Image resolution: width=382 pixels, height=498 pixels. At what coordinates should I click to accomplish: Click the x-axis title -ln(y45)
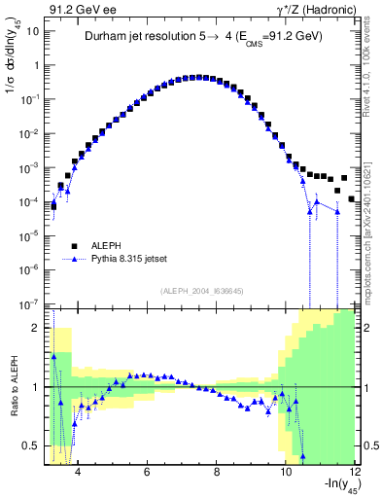pyautogui.click(x=330, y=488)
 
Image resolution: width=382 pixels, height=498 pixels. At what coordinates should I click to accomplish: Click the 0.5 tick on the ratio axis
pyautogui.click(x=36, y=446)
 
